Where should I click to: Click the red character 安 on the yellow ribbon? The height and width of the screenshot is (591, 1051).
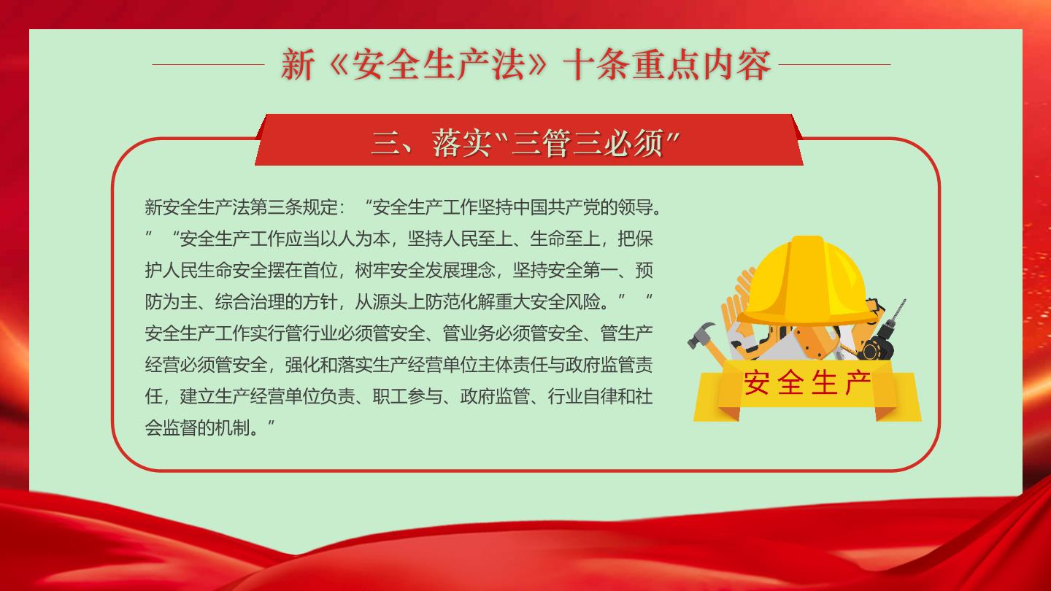click(756, 383)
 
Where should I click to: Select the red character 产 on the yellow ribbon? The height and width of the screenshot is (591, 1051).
click(858, 383)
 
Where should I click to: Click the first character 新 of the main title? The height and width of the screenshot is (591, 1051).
click(298, 65)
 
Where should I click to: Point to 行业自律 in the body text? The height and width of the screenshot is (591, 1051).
click(582, 397)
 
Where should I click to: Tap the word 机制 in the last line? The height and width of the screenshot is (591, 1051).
click(232, 428)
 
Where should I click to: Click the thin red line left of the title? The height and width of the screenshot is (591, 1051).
click(208, 64)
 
